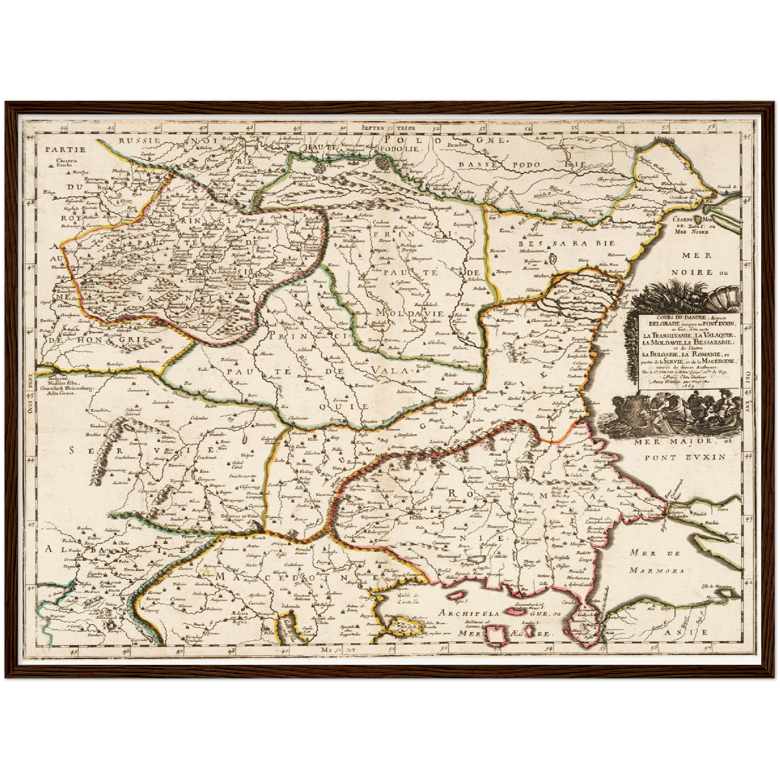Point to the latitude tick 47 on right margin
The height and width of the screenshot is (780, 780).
coord(748,266)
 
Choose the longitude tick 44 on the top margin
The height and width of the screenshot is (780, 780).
coord(64,128)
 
